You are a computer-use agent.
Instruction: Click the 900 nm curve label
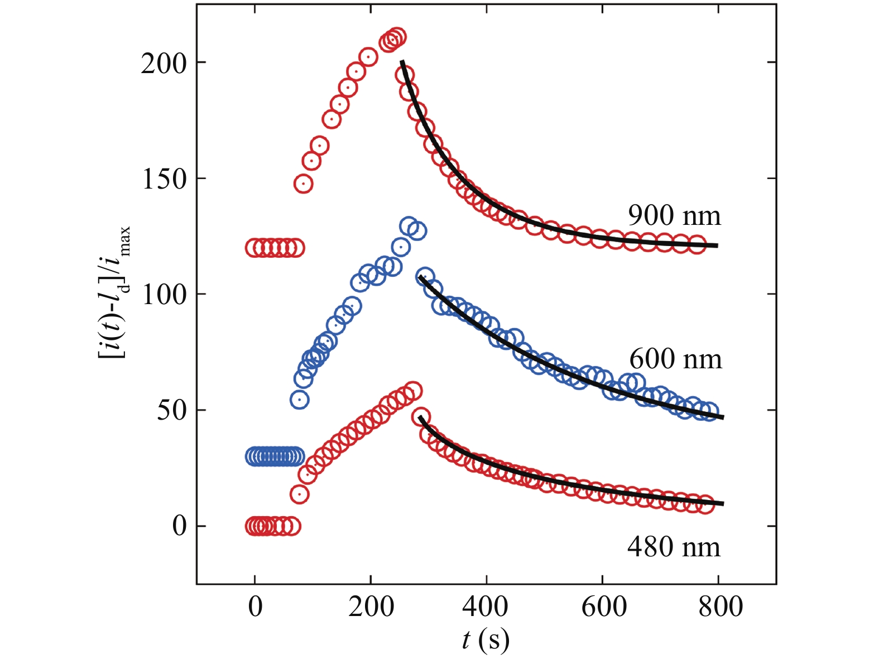(x=674, y=215)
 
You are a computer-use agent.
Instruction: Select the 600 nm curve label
(x=675, y=359)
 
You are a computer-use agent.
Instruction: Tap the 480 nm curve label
(x=674, y=547)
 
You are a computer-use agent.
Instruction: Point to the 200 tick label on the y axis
(x=164, y=64)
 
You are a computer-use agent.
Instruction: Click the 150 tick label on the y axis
(x=164, y=179)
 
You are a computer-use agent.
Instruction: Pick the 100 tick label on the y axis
(x=164, y=295)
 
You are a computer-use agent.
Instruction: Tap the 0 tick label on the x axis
(x=255, y=607)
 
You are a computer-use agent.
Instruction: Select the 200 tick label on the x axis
(x=371, y=607)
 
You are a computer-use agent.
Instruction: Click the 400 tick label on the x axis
(x=487, y=607)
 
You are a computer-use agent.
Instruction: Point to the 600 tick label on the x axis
(x=603, y=607)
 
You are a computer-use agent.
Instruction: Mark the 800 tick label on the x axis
(x=720, y=607)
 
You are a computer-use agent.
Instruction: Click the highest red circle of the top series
(x=397, y=37)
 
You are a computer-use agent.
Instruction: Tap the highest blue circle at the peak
(x=409, y=225)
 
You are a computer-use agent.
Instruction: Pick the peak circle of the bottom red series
(x=413, y=390)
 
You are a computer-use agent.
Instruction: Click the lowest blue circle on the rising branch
(x=300, y=400)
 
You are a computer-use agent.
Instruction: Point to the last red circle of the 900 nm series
(x=697, y=245)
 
